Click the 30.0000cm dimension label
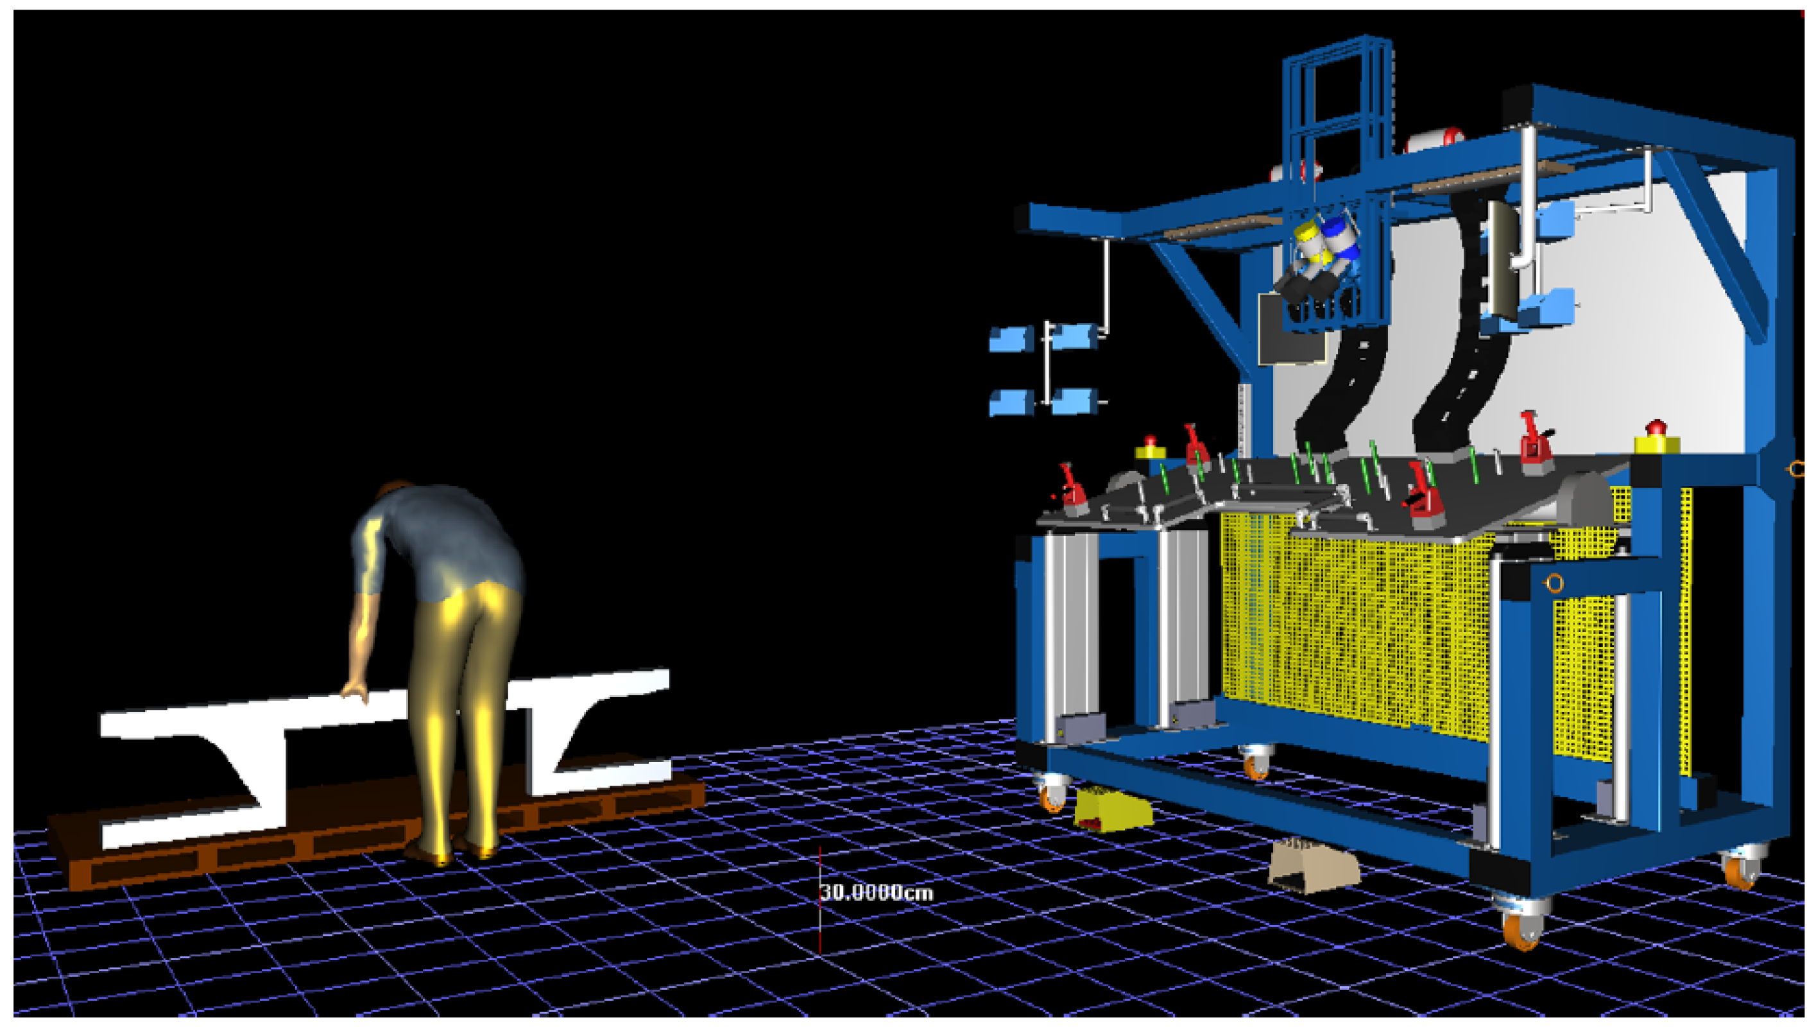pyautogui.click(x=877, y=892)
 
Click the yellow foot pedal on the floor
pyautogui.click(x=1113, y=809)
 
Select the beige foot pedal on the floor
pyautogui.click(x=1314, y=866)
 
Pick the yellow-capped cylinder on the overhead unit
pyautogui.click(x=1307, y=241)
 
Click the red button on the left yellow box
pyautogui.click(x=1150, y=442)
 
